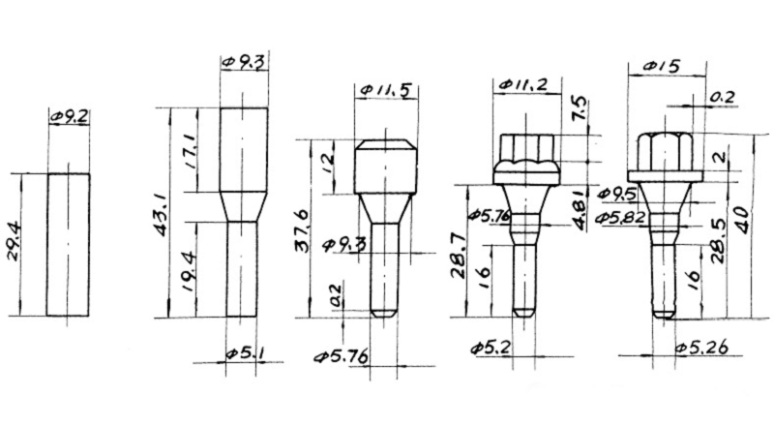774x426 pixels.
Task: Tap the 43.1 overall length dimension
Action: pos(163,215)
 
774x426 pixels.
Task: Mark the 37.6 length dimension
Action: pos(303,228)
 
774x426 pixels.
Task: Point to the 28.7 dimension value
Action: pos(461,256)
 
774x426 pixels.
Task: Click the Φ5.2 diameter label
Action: pos(490,347)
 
